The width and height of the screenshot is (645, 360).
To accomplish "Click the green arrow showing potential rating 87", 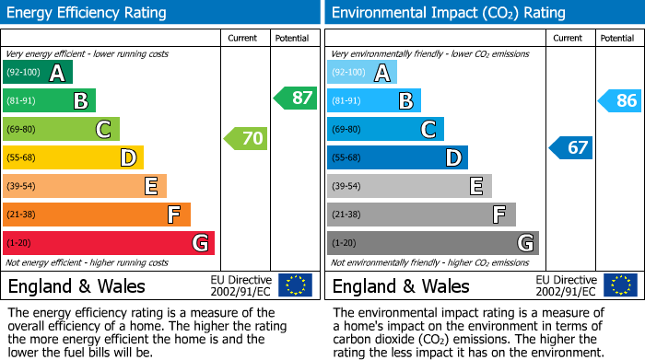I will (x=296, y=98).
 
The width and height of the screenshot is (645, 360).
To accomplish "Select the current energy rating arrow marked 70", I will (x=246, y=139).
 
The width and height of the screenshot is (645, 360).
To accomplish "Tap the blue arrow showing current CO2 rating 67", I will (x=571, y=147).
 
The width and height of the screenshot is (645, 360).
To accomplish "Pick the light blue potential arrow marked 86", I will (x=620, y=100).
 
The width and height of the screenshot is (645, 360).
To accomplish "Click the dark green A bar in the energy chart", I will (x=38, y=73).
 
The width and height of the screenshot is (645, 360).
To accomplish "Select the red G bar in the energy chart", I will (x=109, y=243).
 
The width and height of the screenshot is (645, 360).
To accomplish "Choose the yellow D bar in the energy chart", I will (x=74, y=157).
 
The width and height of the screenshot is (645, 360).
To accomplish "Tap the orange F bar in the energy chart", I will (x=97, y=215).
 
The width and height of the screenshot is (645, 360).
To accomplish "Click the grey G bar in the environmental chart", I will (x=432, y=243).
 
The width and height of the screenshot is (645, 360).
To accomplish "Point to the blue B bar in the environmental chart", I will (x=374, y=100).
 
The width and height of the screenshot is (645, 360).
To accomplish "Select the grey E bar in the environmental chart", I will (x=409, y=186).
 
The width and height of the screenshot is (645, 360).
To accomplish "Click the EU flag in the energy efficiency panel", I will (x=295, y=285).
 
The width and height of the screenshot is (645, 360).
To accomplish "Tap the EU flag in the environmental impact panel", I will (x=621, y=285).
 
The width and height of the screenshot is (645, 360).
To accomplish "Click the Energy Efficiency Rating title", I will (x=88, y=13).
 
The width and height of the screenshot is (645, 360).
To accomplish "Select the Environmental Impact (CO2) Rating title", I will (x=448, y=13).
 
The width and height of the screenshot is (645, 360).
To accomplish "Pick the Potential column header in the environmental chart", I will (x=617, y=38).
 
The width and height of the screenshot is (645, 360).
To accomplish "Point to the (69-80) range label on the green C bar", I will (x=22, y=130).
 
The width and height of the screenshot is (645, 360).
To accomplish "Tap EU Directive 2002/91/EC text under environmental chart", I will (x=565, y=285).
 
